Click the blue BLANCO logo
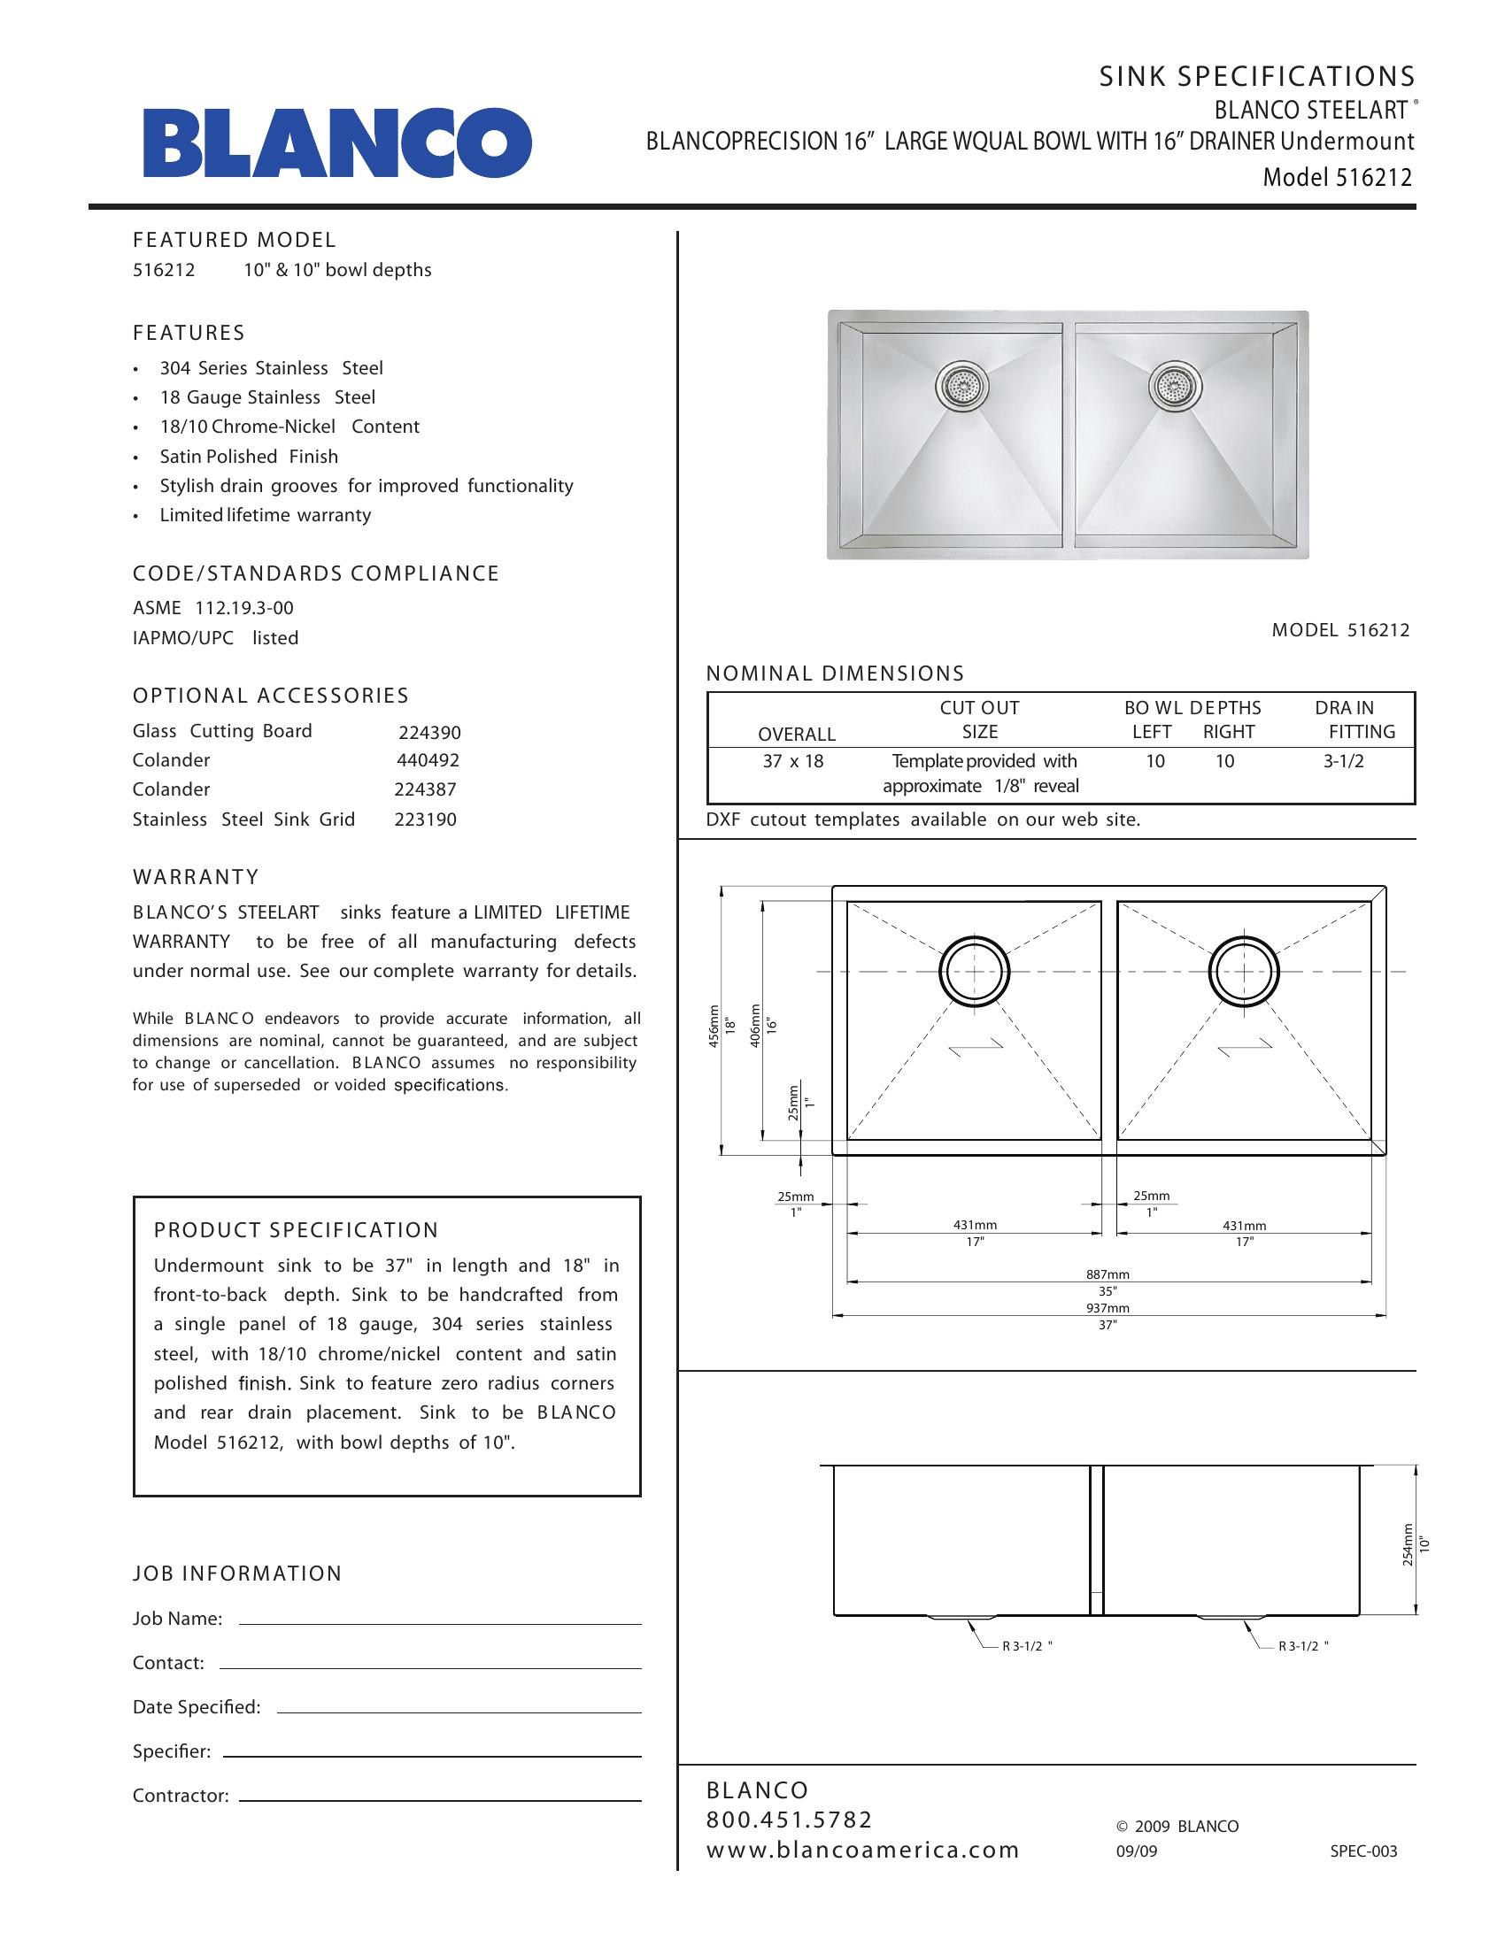[337, 142]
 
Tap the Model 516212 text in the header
[1338, 177]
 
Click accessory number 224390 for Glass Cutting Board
[428, 733]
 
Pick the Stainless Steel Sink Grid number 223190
[425, 820]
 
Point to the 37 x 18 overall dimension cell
[793, 761]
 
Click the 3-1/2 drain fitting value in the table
[1344, 761]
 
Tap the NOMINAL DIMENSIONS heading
[835, 674]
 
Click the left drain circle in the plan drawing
[976, 971]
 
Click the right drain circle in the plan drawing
[1244, 971]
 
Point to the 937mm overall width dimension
[1108, 1308]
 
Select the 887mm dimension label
[1108, 1274]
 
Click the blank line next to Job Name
[441, 1623]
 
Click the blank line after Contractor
[441, 1801]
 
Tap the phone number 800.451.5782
[789, 1820]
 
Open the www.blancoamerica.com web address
[862, 1850]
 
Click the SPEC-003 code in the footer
[1363, 1851]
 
